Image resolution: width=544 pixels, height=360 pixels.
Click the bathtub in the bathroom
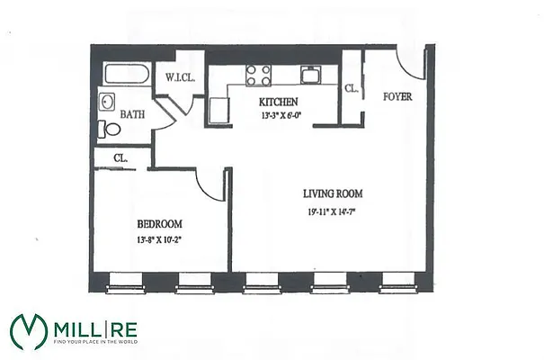point(125,75)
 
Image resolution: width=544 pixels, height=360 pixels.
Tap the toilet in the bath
point(111,129)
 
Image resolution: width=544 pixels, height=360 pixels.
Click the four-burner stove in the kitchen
point(259,74)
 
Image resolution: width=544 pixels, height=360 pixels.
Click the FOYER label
point(397,96)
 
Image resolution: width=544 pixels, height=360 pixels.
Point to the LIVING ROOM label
point(332,193)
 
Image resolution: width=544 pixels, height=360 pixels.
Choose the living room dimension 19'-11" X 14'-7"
point(332,212)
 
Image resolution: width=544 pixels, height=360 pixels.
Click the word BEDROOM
point(160,224)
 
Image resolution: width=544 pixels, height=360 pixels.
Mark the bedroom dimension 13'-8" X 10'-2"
point(160,239)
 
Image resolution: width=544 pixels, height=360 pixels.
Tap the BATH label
point(133,114)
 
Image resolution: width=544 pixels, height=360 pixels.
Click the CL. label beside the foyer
point(352,88)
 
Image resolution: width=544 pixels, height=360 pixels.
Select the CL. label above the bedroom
point(120,158)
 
